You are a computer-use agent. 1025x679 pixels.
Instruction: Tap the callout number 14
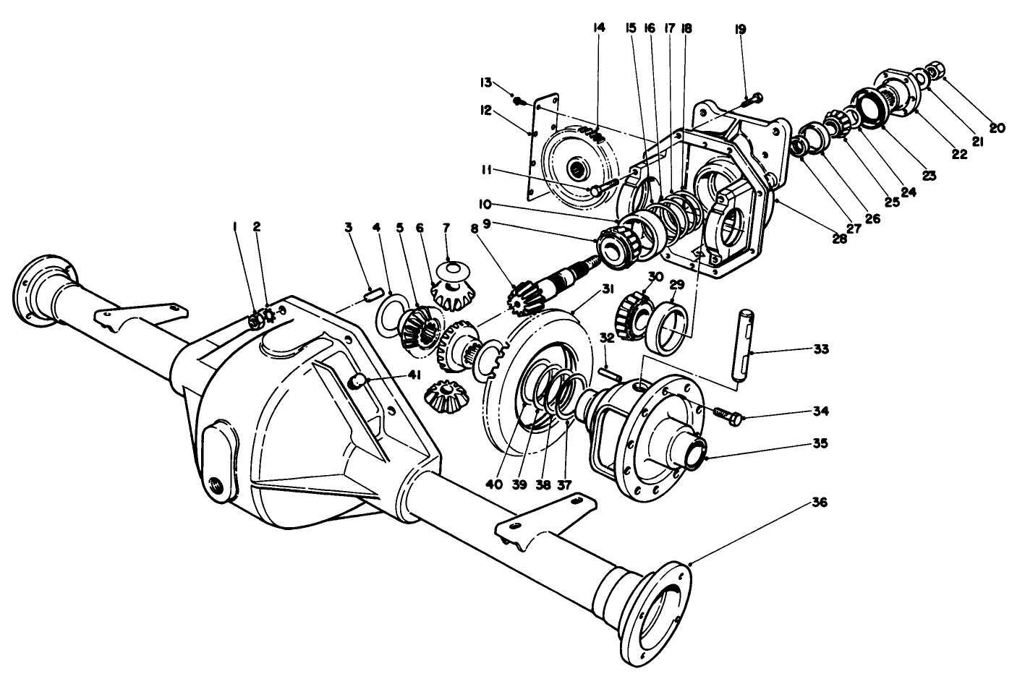(x=597, y=28)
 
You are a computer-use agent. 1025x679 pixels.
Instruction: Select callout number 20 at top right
(x=996, y=128)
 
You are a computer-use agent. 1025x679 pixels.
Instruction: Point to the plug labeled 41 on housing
(x=356, y=382)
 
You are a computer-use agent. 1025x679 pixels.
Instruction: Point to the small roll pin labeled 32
(x=609, y=375)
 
